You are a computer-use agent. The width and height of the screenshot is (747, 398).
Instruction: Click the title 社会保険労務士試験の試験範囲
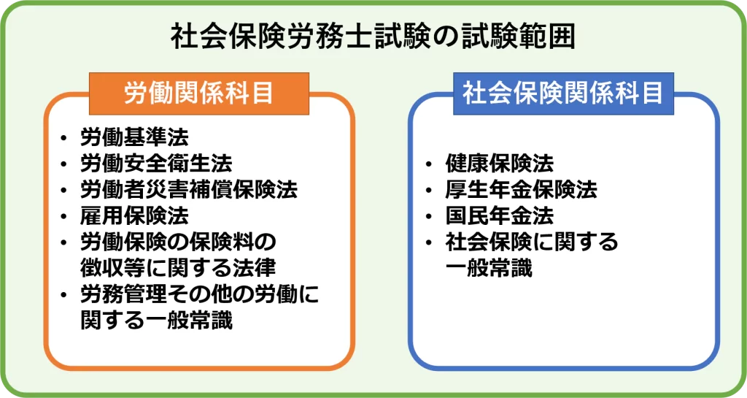pos(373,37)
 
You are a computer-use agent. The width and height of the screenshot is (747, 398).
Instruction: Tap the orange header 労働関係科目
pos(198,93)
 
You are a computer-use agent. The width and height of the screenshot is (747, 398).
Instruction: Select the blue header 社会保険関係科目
pos(563,93)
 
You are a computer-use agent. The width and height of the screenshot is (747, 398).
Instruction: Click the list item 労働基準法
pos(134,138)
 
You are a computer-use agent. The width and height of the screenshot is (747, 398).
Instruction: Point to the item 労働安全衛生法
pos(156,164)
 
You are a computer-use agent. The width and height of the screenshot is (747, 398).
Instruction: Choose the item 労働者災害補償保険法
pos(189,190)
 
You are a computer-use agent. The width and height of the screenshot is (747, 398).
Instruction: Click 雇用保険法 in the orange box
pos(134,216)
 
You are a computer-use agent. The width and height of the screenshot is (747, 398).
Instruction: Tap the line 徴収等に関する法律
pos(178,268)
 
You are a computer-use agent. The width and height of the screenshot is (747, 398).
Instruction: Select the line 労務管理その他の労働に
pos(200,294)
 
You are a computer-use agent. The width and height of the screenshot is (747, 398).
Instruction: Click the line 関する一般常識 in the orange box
pos(156,321)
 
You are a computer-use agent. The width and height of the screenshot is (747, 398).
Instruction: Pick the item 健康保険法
pos(500,164)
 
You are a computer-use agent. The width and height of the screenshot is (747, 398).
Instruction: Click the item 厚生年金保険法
pos(521,190)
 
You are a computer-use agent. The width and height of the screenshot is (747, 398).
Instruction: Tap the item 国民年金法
pos(500,216)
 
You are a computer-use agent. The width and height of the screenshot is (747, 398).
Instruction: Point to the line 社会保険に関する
pos(532,242)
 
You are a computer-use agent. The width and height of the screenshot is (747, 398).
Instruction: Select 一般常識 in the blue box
pos(489,268)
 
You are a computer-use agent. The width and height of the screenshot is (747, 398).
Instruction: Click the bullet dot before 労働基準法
pos(64,139)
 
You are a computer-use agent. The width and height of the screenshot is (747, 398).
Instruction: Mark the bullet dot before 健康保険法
pos(429,164)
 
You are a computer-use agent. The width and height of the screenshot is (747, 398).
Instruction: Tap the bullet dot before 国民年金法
pos(429,217)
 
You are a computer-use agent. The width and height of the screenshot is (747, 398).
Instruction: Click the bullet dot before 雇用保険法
pos(64,217)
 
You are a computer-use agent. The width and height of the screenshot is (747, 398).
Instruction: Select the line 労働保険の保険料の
pos(178,242)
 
